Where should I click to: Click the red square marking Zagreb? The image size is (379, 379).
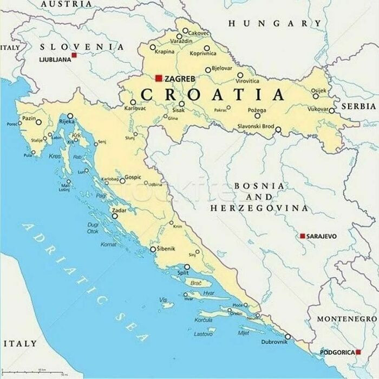(159, 78)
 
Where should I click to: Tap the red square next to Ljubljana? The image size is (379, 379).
(74, 55)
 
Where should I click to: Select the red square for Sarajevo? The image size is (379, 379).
(303, 236)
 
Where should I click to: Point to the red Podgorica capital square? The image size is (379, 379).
(358, 352)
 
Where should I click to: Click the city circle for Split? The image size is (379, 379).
(187, 266)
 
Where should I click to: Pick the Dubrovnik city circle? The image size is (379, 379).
(287, 336)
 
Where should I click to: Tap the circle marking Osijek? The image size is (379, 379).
(316, 96)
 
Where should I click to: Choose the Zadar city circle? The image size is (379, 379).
(115, 216)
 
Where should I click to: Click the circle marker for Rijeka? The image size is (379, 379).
(70, 116)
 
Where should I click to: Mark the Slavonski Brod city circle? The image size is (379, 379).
(278, 130)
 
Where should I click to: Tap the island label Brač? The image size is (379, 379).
(197, 283)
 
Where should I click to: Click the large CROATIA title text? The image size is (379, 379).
(212, 95)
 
